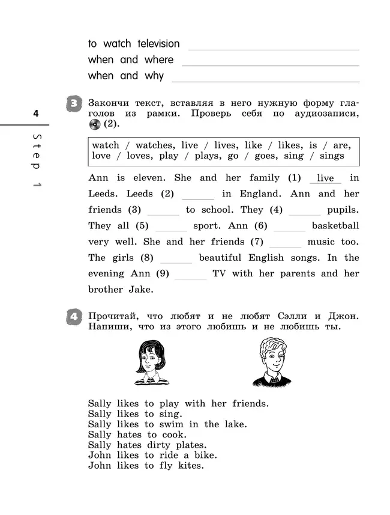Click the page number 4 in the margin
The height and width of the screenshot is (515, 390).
pyautogui.click(x=35, y=113)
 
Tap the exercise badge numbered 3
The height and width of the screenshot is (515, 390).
pyautogui.click(x=73, y=104)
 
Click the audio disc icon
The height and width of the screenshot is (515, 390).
pyautogui.click(x=94, y=124)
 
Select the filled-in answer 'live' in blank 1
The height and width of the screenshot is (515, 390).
pyautogui.click(x=325, y=178)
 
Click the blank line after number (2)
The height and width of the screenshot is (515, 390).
pyautogui.click(x=197, y=195)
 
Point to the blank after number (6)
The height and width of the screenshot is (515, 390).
pyautogui.click(x=289, y=227)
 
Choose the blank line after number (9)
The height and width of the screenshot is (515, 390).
pyautogui.click(x=190, y=274)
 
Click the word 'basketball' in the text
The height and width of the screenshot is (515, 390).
pyautogui.click(x=335, y=226)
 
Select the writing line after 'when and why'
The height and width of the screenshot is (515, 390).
pyautogui.click(x=265, y=78)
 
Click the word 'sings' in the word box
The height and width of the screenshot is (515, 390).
pyautogui.click(x=332, y=156)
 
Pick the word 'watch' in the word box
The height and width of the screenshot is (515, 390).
pyautogui.click(x=106, y=145)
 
